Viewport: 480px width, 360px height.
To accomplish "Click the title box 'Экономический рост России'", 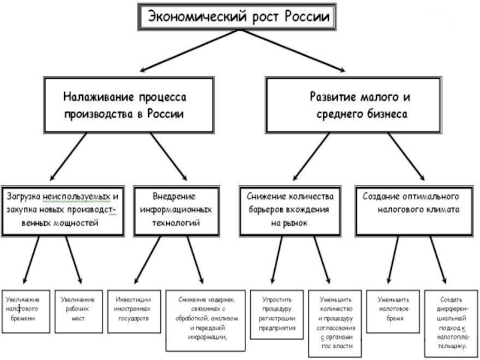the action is pos(237,17).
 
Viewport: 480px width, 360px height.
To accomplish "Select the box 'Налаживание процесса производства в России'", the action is pos(129,105).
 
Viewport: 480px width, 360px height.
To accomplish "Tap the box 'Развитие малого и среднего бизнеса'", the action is pos(353,105).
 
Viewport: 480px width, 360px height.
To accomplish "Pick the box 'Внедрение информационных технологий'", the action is pos(176,211).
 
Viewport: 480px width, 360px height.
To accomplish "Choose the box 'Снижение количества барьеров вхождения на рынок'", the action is pos(290,211).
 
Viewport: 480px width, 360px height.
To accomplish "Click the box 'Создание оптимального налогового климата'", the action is pos(414,211).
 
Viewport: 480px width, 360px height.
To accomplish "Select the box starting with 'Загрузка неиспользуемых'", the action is pos(63,211).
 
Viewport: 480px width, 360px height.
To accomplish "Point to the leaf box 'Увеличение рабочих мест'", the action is pos(79,311).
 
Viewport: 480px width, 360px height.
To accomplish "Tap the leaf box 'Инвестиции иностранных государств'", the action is pos(134,311).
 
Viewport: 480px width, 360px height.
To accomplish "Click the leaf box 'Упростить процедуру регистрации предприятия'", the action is pos(277,314).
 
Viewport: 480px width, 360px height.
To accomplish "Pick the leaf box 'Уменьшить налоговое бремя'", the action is pos(393,311).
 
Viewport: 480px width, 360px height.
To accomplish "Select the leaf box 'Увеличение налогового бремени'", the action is pos(26,311).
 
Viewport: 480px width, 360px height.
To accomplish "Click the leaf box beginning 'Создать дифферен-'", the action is pos(451,323).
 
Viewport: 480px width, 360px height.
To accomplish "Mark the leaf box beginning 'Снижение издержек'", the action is pos(205,320).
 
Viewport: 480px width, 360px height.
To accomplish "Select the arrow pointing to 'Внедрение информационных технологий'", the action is pos(169,157).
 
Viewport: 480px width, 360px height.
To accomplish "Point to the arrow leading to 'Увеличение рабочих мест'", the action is pos(74,260).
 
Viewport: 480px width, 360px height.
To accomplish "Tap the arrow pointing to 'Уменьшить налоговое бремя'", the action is pos(394,260).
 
